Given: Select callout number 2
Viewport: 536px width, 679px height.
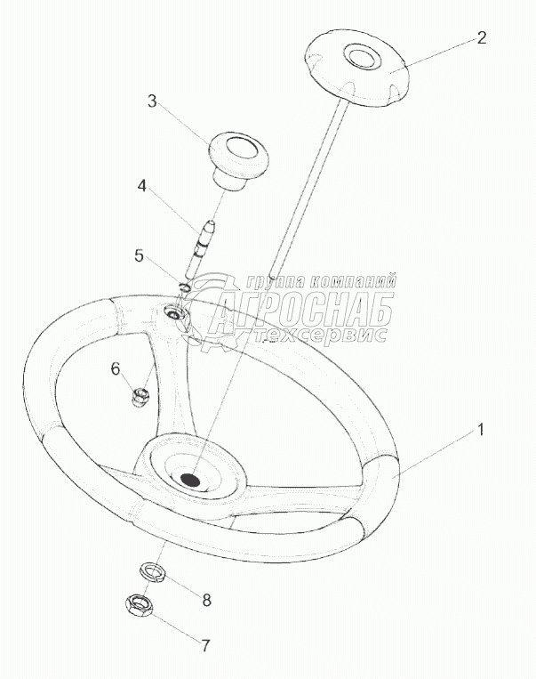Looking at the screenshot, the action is (x=481, y=37).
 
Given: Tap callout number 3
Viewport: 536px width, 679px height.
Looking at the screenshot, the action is (x=152, y=101).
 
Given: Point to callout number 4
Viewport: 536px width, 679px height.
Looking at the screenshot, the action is (x=141, y=186).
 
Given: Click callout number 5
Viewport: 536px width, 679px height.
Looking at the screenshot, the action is (x=139, y=255).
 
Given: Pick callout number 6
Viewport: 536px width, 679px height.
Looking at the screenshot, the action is (x=115, y=369).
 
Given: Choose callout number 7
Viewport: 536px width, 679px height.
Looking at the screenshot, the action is (x=205, y=646).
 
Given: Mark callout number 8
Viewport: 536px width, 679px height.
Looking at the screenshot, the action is (x=206, y=600).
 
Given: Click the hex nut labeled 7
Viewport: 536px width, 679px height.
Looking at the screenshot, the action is (x=138, y=605).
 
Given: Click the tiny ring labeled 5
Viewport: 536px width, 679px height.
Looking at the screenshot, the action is (x=184, y=287).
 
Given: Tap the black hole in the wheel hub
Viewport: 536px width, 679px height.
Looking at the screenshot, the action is (x=190, y=479).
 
